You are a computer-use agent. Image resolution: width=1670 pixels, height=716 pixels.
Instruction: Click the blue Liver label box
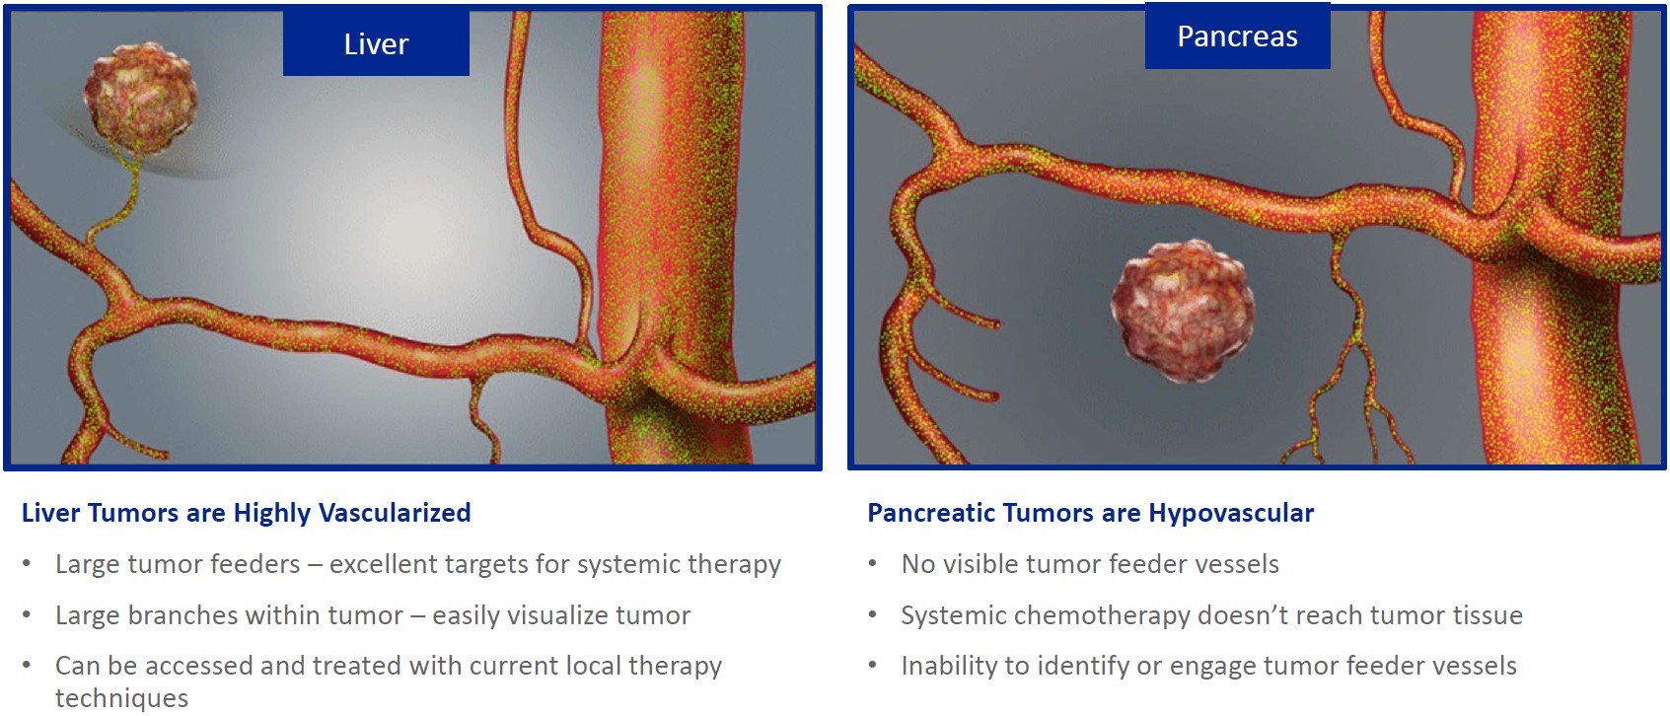click(x=376, y=43)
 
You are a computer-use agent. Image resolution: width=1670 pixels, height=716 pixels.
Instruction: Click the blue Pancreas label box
click(x=1238, y=36)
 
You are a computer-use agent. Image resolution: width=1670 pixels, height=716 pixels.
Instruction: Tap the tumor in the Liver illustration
click(x=141, y=99)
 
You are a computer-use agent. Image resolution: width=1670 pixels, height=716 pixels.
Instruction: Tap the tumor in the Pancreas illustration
click(x=1183, y=310)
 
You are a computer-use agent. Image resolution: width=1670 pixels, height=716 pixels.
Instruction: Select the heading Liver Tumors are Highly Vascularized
click(x=246, y=513)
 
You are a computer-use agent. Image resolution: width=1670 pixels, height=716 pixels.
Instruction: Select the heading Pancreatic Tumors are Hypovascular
click(x=1090, y=513)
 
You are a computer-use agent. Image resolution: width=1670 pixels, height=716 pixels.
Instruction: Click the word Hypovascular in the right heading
click(x=1231, y=513)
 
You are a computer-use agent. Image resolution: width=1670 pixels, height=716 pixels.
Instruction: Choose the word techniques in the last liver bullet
click(x=121, y=698)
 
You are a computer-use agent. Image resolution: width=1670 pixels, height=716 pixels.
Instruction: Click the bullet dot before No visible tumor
click(x=872, y=564)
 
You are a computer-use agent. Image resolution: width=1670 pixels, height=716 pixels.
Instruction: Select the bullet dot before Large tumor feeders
click(x=27, y=564)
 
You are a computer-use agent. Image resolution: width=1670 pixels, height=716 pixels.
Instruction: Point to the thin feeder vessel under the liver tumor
click(x=119, y=201)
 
